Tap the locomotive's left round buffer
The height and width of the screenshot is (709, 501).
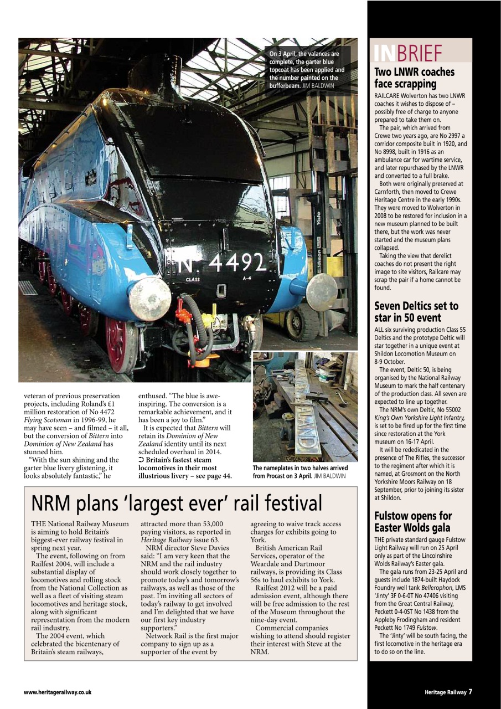click(x=149, y=299)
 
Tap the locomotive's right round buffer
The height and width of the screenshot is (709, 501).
click(x=321, y=292)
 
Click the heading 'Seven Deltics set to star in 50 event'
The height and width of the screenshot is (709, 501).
click(x=416, y=311)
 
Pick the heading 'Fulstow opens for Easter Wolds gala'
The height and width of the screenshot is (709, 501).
click(x=412, y=522)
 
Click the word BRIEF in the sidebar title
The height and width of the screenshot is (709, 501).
click(x=420, y=53)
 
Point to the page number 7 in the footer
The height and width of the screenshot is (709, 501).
click(x=470, y=691)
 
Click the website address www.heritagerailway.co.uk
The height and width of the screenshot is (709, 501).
click(x=58, y=692)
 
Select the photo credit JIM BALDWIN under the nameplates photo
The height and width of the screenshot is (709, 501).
click(x=330, y=476)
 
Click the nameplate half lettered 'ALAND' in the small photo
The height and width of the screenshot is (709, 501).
click(x=306, y=427)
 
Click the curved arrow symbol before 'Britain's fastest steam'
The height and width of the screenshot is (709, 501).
click(x=141, y=460)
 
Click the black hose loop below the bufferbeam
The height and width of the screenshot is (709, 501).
click(x=194, y=332)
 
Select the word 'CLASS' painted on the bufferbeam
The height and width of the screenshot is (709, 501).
click(x=193, y=279)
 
